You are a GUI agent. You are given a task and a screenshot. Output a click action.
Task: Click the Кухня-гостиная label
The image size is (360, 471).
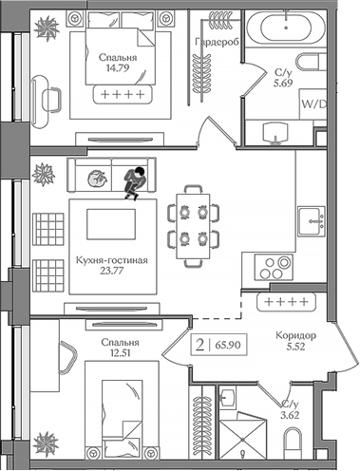[110, 259]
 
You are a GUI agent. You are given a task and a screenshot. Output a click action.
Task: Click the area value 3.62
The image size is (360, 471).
[290, 415]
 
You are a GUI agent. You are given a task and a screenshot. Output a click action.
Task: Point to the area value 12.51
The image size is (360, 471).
[119, 356]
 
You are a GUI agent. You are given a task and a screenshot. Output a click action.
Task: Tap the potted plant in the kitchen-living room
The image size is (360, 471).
[43, 174]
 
